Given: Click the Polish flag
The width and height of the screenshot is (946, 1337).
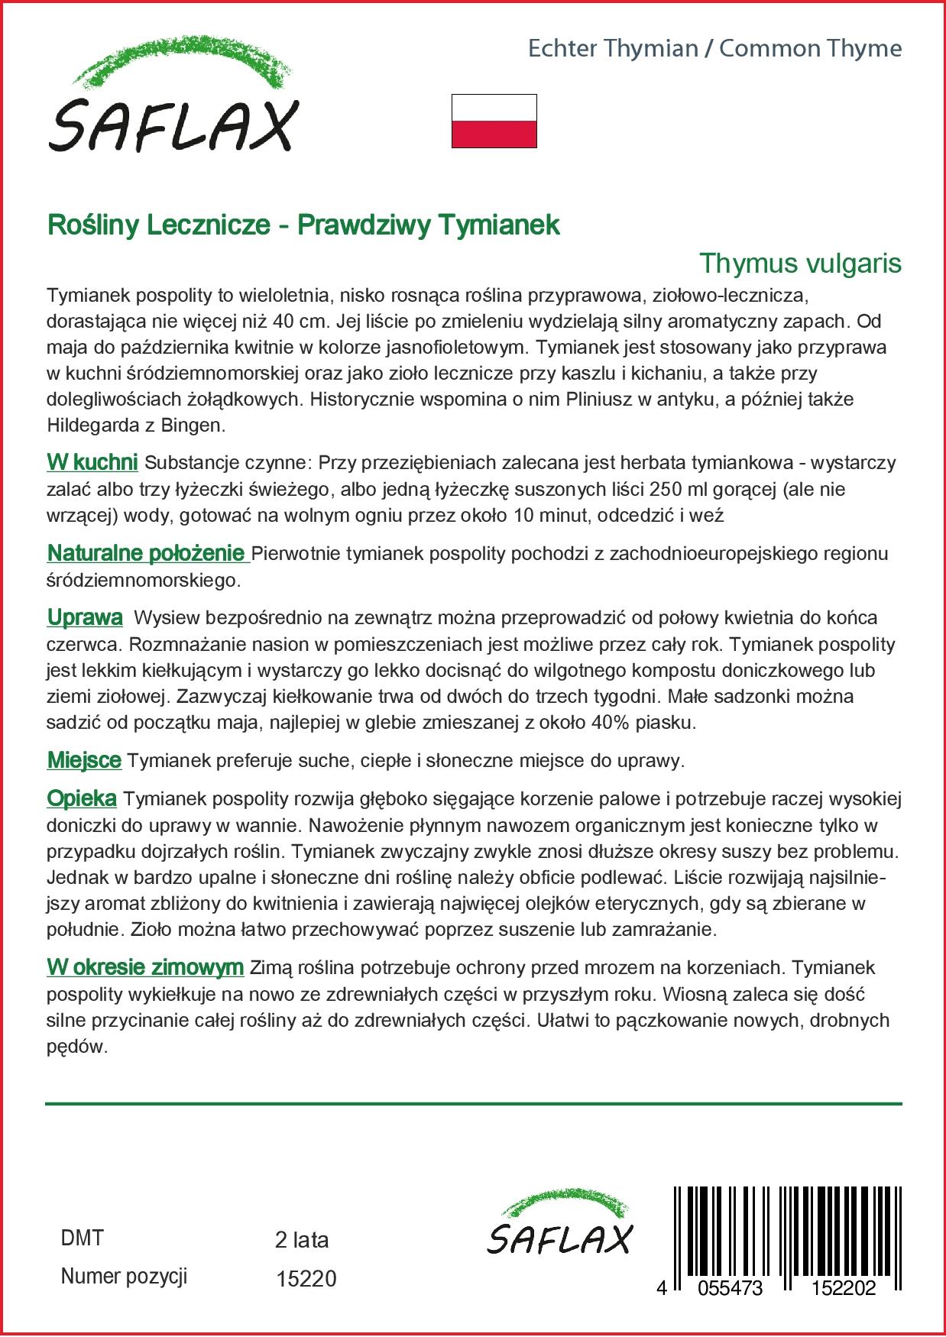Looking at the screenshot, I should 494,121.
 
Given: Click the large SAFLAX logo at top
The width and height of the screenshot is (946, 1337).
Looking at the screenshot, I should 172,99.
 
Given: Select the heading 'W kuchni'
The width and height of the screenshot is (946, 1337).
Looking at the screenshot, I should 92,462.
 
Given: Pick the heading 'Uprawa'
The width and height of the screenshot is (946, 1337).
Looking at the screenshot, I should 84,617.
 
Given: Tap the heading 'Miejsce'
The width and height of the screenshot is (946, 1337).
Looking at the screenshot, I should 84,760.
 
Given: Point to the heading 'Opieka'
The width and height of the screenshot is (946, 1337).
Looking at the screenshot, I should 81,799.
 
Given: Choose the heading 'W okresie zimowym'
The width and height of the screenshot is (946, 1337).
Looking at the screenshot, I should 144,968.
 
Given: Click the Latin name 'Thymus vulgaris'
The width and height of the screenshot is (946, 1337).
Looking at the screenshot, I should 800,264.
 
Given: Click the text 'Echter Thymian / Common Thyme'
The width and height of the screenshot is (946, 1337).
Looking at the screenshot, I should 714,49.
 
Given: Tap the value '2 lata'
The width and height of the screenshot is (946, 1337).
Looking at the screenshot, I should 301,1239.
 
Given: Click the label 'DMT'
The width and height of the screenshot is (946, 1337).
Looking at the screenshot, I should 81,1238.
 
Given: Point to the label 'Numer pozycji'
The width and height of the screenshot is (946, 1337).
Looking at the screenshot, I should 124,1276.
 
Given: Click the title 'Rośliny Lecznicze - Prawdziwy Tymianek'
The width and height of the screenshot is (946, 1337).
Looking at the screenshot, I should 303,225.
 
